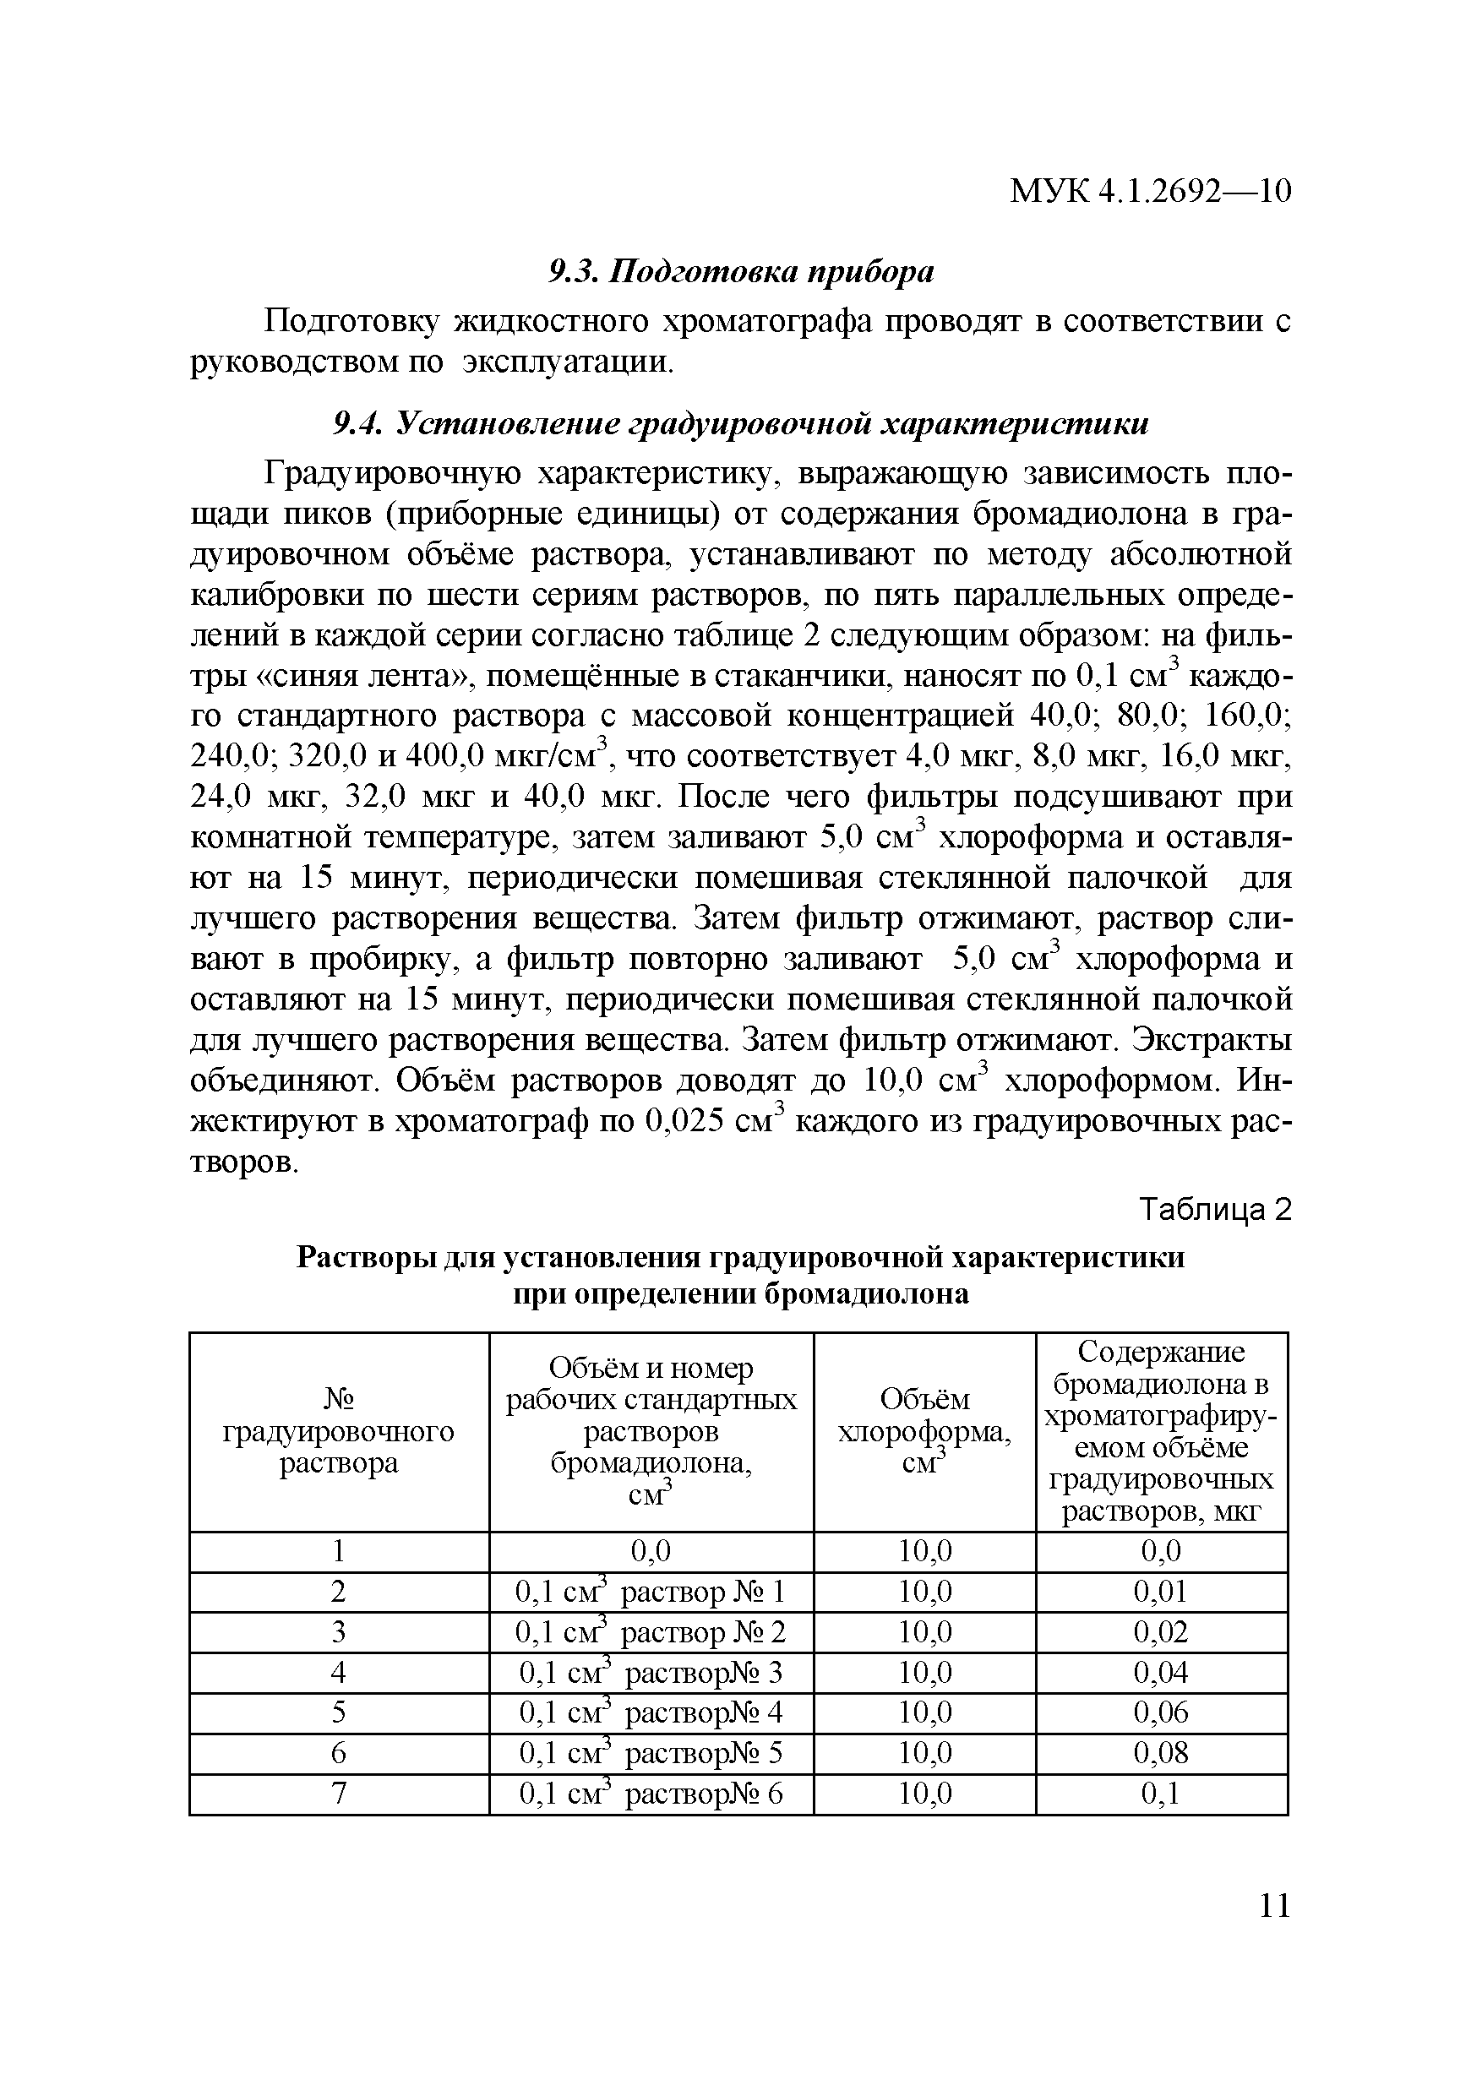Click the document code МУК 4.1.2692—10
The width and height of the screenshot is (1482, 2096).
1150,192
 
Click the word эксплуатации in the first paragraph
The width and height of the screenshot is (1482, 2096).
566,362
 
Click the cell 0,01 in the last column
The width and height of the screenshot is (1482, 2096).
1161,1592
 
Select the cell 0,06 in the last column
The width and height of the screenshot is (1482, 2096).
1161,1712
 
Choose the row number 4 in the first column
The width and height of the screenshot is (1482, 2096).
339,1673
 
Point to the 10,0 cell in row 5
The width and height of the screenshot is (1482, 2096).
924,1712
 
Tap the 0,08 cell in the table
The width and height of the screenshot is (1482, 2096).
1161,1754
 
